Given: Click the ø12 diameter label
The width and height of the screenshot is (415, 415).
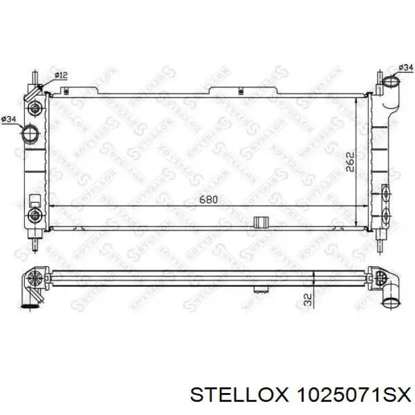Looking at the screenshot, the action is pos(61,75).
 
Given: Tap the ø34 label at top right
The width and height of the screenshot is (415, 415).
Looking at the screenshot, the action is pos(406,68).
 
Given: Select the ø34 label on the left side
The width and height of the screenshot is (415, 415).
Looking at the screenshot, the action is pos(9,119).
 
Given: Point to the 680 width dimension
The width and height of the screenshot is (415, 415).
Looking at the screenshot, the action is pos(209,200).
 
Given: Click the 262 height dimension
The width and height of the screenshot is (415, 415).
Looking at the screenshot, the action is pos(350,162).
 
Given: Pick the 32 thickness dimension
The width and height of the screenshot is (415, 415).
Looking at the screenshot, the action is pos(308,299).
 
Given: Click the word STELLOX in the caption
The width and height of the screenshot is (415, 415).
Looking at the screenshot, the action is pos(238,396).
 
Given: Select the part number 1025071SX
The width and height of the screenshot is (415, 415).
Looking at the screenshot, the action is pos(355,396).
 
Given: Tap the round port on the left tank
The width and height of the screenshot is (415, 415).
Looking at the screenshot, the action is pos(30,133).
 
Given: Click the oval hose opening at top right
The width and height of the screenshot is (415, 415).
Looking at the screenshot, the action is pos(392,81).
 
